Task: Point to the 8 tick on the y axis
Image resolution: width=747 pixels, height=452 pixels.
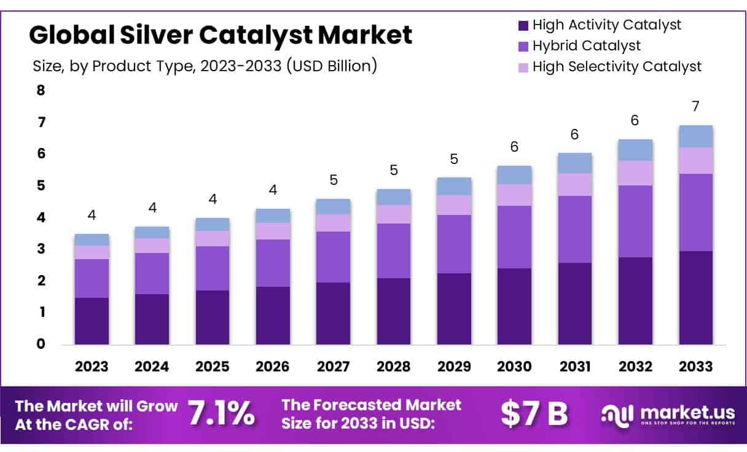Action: (x=41, y=90)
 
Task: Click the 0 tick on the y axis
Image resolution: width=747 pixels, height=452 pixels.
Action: (x=41, y=344)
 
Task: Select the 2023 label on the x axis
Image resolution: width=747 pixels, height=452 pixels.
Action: (x=92, y=367)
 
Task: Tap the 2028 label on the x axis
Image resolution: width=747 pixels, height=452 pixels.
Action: (x=394, y=367)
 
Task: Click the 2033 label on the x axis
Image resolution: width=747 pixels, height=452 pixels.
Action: (x=696, y=367)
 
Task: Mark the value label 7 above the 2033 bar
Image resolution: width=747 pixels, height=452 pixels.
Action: (x=695, y=106)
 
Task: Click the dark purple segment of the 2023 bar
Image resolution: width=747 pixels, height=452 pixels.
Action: (x=92, y=321)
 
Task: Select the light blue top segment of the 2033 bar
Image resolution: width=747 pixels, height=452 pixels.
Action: (x=695, y=136)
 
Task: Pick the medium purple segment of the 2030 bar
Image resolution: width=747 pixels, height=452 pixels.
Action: (x=514, y=237)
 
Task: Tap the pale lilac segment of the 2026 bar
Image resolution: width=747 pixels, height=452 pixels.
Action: (x=273, y=231)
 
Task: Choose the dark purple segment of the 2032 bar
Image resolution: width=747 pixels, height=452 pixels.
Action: (x=635, y=300)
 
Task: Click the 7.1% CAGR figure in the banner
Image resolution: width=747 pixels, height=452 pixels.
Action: (x=221, y=415)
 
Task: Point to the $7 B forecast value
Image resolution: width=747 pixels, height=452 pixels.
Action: (x=534, y=415)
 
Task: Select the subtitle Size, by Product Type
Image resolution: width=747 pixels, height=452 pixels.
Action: (x=205, y=66)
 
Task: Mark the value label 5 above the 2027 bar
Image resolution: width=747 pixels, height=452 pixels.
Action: (x=333, y=180)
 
